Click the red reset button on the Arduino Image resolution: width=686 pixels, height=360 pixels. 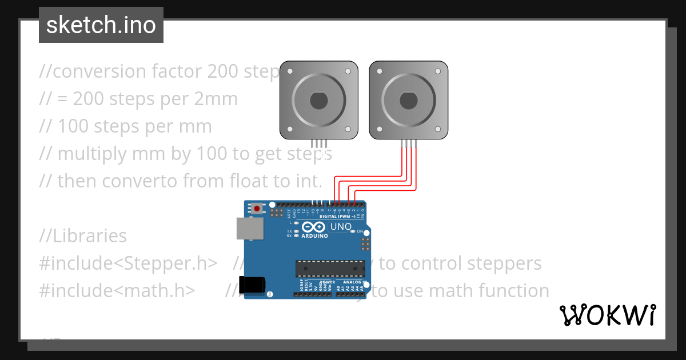[x=257, y=209]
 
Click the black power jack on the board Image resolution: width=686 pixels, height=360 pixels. [x=253, y=285]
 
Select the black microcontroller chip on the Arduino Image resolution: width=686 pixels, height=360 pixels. [x=330, y=269]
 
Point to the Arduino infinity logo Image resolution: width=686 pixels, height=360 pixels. [x=313, y=227]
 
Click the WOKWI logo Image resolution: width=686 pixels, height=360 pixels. [x=608, y=315]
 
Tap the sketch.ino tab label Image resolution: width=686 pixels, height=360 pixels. [x=101, y=25]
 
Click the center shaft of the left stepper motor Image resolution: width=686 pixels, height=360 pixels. [x=319, y=101]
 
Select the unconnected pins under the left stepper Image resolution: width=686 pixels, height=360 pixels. [x=319, y=143]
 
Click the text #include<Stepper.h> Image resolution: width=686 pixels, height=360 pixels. [x=129, y=263]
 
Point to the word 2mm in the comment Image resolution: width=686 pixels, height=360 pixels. [x=217, y=99]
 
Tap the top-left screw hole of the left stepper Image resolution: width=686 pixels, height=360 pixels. [x=290, y=71]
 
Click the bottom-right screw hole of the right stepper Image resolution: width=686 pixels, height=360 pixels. [x=437, y=130]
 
